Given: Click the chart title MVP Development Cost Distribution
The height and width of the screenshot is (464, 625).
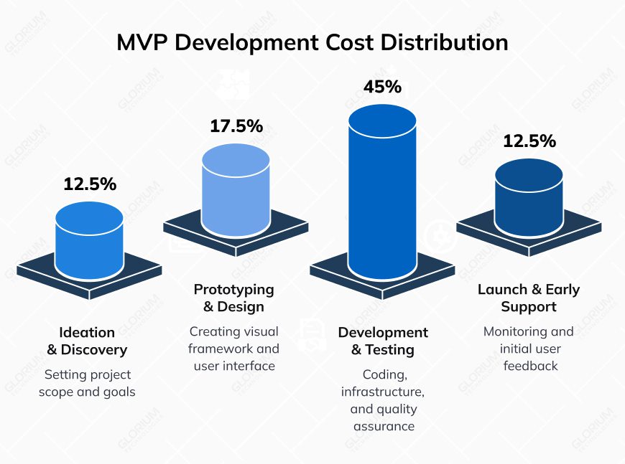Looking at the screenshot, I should [312, 42].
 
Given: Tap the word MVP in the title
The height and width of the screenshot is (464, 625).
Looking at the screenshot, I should [142, 42].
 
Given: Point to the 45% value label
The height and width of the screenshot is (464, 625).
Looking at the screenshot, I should [382, 87].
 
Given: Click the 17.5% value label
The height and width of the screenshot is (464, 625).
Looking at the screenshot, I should [236, 127].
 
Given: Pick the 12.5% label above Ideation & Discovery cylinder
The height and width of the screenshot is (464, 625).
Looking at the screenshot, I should [90, 184].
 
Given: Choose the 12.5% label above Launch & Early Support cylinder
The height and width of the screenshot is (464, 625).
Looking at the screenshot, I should [529, 141].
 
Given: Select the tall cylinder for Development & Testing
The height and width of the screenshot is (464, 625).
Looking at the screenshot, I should [382, 194].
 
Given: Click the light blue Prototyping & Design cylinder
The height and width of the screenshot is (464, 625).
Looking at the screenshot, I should [236, 190].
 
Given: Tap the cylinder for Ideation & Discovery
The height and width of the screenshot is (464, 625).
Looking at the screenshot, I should [90, 240].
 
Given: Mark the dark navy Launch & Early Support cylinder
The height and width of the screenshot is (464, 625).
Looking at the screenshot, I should [529, 197].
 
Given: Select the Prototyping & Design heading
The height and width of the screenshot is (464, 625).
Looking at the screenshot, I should [234, 298].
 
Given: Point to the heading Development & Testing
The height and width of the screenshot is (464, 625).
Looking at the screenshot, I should [383, 341].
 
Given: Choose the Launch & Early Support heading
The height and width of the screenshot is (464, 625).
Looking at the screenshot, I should [529, 298].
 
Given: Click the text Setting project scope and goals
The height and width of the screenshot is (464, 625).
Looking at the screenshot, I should [87, 383].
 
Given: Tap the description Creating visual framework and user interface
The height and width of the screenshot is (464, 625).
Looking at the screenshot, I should [234, 349].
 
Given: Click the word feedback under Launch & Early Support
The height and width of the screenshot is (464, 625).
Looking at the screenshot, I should [529, 366].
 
